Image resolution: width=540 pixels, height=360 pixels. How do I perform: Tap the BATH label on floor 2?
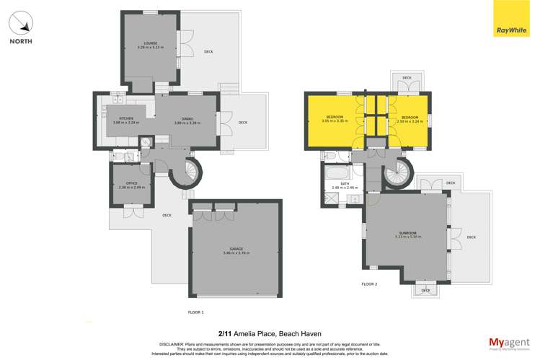pyautogui.click(x=335, y=185)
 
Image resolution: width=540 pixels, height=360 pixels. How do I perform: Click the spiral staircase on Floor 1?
pyautogui.click(x=190, y=172)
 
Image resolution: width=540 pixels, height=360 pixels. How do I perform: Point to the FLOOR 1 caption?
pyautogui.click(x=195, y=312)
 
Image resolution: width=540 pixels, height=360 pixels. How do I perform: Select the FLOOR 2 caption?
pyautogui.click(x=369, y=284)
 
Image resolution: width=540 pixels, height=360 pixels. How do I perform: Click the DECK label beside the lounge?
pyautogui.click(x=208, y=52)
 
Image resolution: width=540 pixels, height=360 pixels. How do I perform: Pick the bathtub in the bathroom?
pyautogui.click(x=337, y=174)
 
